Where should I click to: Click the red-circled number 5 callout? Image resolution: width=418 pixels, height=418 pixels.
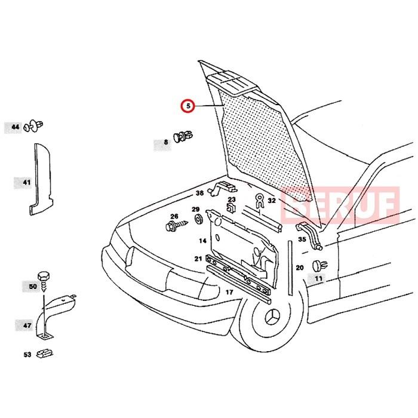pos(189,106)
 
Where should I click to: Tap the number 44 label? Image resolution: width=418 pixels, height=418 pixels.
pos(15,127)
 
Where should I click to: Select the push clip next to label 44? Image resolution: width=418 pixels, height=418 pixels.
pos(33,126)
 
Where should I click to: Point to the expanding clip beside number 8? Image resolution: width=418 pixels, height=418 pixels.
pos(183,136)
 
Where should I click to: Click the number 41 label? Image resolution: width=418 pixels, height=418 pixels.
pos(26,183)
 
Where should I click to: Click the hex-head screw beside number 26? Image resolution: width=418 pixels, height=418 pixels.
pos(177,225)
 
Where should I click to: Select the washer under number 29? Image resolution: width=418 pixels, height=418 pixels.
pos(198,219)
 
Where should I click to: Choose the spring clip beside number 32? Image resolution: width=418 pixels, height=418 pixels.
pos(259,201)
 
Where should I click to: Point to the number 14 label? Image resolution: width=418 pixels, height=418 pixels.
pos(202,241)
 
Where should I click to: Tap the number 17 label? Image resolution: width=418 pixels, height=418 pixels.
pos(229,292)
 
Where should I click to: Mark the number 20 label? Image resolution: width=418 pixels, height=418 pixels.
pos(300,268)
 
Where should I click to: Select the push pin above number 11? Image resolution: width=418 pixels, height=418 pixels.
pos(320,266)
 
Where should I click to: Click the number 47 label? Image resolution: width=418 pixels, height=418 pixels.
pos(27,325)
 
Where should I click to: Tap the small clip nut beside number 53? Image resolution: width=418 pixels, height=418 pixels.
pos(45,354)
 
